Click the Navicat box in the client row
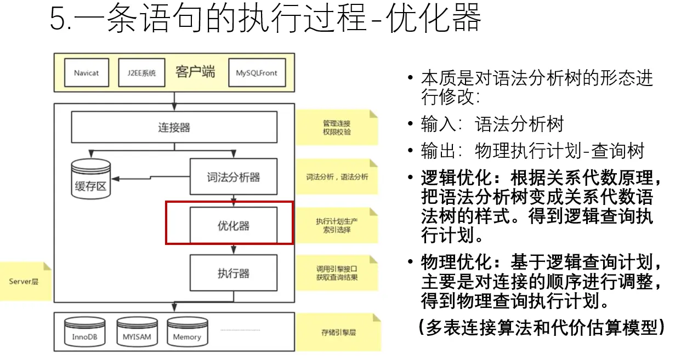coord(86,73)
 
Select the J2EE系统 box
coord(141,73)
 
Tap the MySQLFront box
coord(257,73)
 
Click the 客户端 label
coord(195,72)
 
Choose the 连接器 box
coord(174,128)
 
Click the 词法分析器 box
coord(233,177)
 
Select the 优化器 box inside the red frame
coord(233,225)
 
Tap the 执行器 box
coord(233,273)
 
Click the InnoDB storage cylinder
coord(84,331)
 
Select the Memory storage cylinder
coord(187,331)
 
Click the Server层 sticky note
coord(24,282)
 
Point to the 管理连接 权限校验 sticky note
coord(337,128)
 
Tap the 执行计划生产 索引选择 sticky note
coord(337,225)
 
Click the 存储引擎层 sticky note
coord(337,332)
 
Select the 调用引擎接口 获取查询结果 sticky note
coord(337,273)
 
